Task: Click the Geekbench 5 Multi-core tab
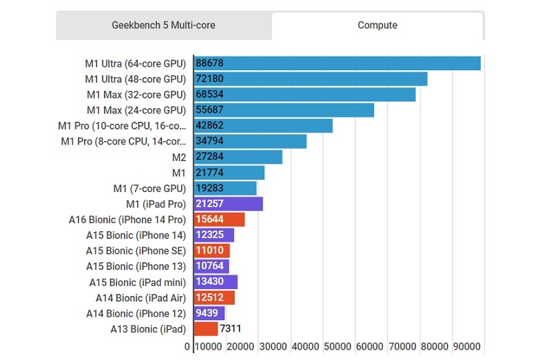(163, 25)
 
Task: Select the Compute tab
(377, 25)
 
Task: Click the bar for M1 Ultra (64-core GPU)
(337, 63)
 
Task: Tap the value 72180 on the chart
(209, 79)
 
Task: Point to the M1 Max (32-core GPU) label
(136, 94)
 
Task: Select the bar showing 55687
(284, 110)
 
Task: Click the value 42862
(209, 126)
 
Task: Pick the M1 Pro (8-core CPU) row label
(123, 142)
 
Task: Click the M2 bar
(238, 157)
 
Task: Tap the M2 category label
(178, 158)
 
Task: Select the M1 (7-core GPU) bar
(225, 189)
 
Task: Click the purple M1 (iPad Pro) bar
(228, 204)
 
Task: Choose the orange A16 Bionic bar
(219, 220)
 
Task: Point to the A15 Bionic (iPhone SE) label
(136, 251)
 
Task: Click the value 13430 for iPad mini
(209, 282)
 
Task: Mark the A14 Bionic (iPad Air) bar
(214, 297)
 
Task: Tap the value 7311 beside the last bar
(231, 329)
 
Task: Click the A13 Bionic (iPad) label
(148, 329)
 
